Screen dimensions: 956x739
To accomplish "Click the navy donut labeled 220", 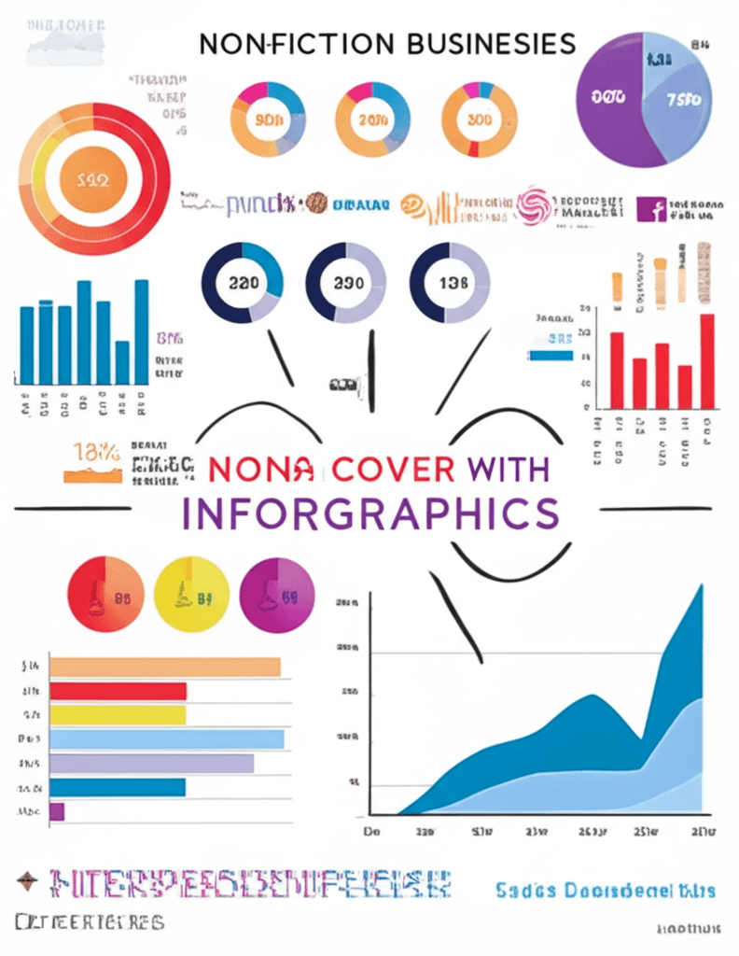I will coord(242,283).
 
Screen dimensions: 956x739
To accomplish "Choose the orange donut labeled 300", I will coord(479,119).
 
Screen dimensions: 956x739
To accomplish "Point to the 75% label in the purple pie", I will coord(683,100).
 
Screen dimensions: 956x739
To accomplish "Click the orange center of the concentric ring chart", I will coord(95,178).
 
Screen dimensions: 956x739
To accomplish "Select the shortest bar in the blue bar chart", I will coord(122,362).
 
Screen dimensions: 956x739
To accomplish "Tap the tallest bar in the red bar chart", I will coord(707,360).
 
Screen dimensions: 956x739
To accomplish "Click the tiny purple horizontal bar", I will coord(57,811).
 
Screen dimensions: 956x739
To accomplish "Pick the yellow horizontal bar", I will coord(118,715).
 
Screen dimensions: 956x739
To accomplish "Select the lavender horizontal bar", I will coord(151,764).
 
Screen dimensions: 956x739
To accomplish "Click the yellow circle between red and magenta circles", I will coord(191,595).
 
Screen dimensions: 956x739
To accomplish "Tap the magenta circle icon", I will coord(277,595).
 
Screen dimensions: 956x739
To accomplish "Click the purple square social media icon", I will coord(648,208).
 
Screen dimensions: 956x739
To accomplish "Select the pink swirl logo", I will coord(535,205).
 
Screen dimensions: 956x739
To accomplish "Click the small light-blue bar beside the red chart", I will coord(550,355).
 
